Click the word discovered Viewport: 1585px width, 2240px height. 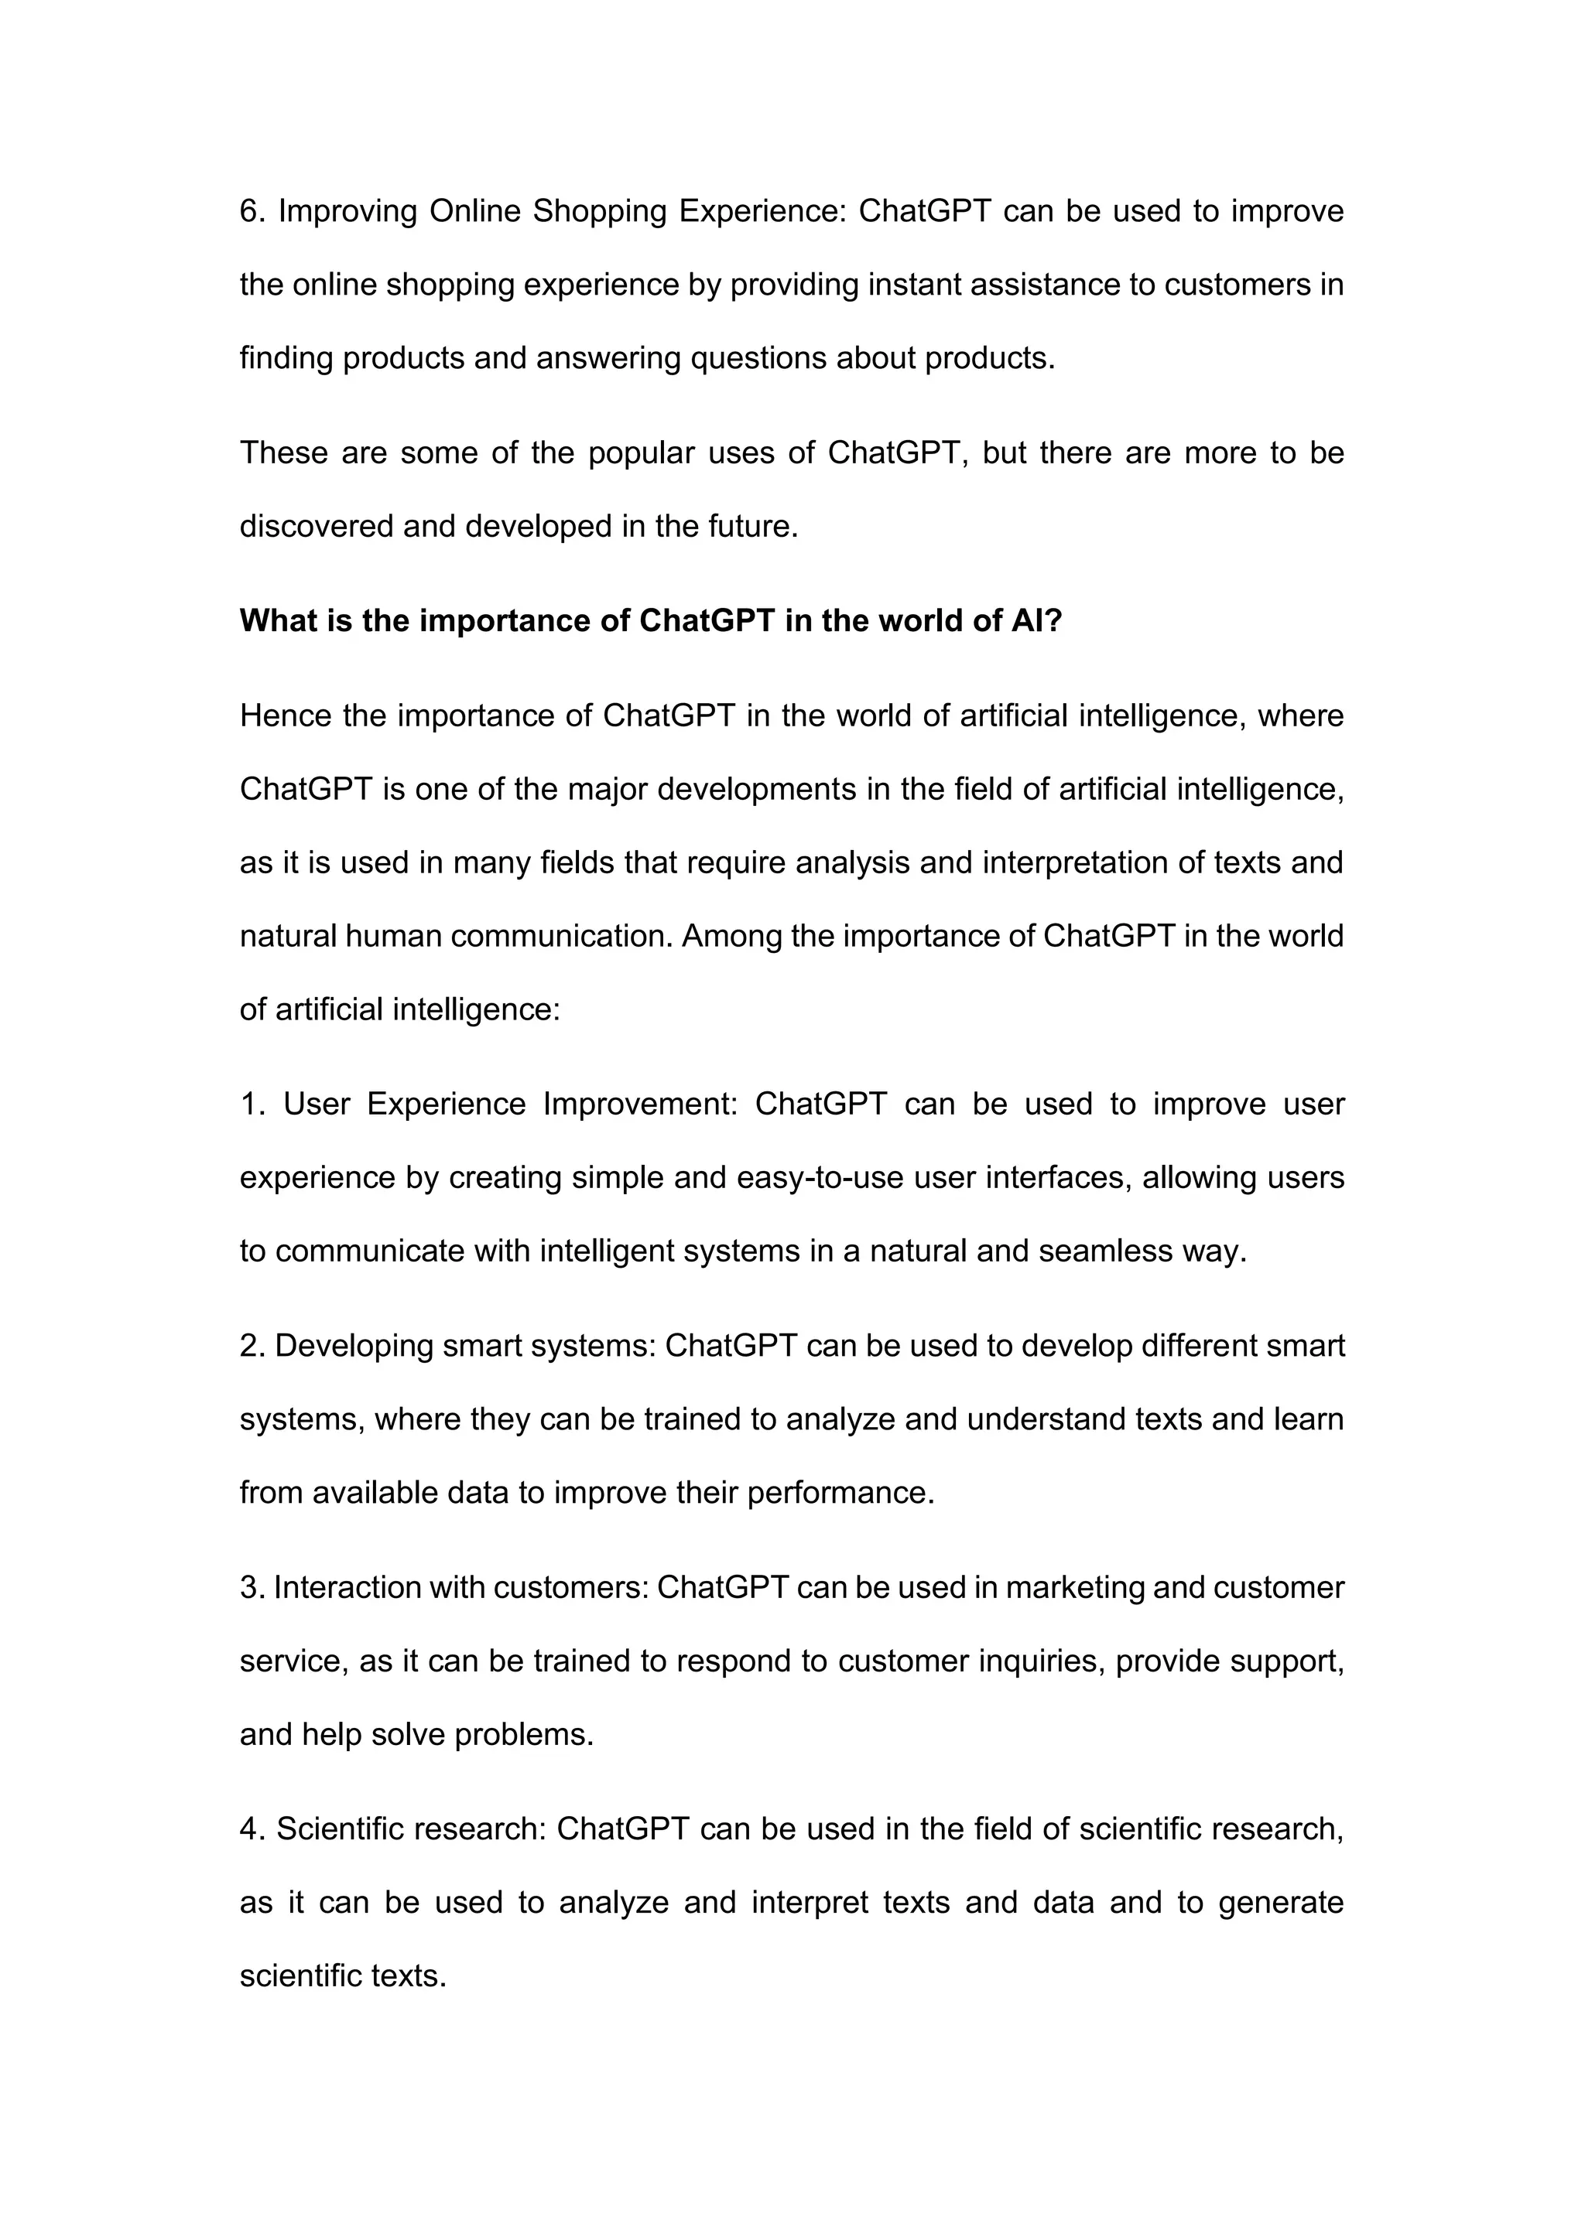[317, 526]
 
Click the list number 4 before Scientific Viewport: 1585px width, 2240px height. [250, 1829]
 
